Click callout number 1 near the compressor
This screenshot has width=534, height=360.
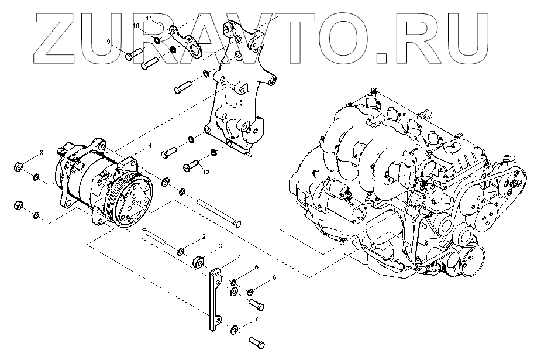point(150,145)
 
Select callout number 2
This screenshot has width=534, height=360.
point(204,236)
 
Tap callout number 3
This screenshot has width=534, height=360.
point(221,246)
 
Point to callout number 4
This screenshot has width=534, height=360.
point(239,257)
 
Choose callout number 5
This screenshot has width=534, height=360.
point(256,268)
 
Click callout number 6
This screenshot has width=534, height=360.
point(273,278)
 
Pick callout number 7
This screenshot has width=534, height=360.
point(256,319)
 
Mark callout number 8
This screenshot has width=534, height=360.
point(41,153)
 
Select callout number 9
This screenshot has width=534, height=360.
point(108,41)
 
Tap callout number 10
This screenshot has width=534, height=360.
point(135,26)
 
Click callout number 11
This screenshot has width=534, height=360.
point(149,19)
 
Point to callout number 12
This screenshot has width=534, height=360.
point(206,172)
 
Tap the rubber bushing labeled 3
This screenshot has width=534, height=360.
point(199,262)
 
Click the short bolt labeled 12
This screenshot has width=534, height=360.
point(192,165)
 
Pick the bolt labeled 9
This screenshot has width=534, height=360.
point(133,55)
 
